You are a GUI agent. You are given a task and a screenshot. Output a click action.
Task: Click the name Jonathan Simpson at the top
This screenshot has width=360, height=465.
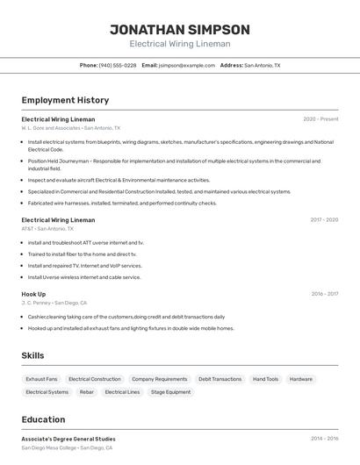179,29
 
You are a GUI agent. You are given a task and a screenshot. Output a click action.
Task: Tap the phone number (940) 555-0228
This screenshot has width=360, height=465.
117,65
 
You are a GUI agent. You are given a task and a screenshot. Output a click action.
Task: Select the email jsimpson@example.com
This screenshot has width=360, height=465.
186,65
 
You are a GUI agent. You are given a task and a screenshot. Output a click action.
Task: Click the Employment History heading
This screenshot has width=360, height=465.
65,100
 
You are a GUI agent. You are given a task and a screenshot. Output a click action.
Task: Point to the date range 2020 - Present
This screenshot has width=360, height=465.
320,119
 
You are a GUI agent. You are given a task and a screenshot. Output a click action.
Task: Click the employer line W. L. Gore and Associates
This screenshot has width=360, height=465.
71,128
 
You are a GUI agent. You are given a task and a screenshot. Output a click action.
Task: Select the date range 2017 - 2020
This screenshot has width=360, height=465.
324,220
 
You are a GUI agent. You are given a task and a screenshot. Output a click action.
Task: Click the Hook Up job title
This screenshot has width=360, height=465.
33,294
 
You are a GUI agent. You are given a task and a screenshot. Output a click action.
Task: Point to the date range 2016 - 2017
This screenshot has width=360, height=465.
324,294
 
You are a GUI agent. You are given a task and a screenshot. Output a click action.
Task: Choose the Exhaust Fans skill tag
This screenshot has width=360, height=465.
41,379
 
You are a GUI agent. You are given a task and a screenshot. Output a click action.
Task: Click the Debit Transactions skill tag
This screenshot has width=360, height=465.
220,379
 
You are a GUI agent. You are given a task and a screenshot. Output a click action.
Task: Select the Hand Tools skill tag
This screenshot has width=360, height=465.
265,379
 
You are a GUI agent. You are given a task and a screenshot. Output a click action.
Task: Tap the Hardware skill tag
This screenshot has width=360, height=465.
300,379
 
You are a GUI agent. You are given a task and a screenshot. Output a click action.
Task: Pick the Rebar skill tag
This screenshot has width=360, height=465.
86,392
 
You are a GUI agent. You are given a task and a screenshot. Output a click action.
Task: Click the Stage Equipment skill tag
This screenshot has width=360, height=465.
170,392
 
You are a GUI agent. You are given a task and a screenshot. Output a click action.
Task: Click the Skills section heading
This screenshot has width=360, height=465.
32,355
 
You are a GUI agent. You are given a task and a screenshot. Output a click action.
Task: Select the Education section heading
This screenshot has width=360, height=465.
43,419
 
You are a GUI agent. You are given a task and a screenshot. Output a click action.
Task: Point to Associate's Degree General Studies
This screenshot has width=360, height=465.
68,439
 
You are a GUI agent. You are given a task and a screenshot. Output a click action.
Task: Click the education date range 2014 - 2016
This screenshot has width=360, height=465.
324,439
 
